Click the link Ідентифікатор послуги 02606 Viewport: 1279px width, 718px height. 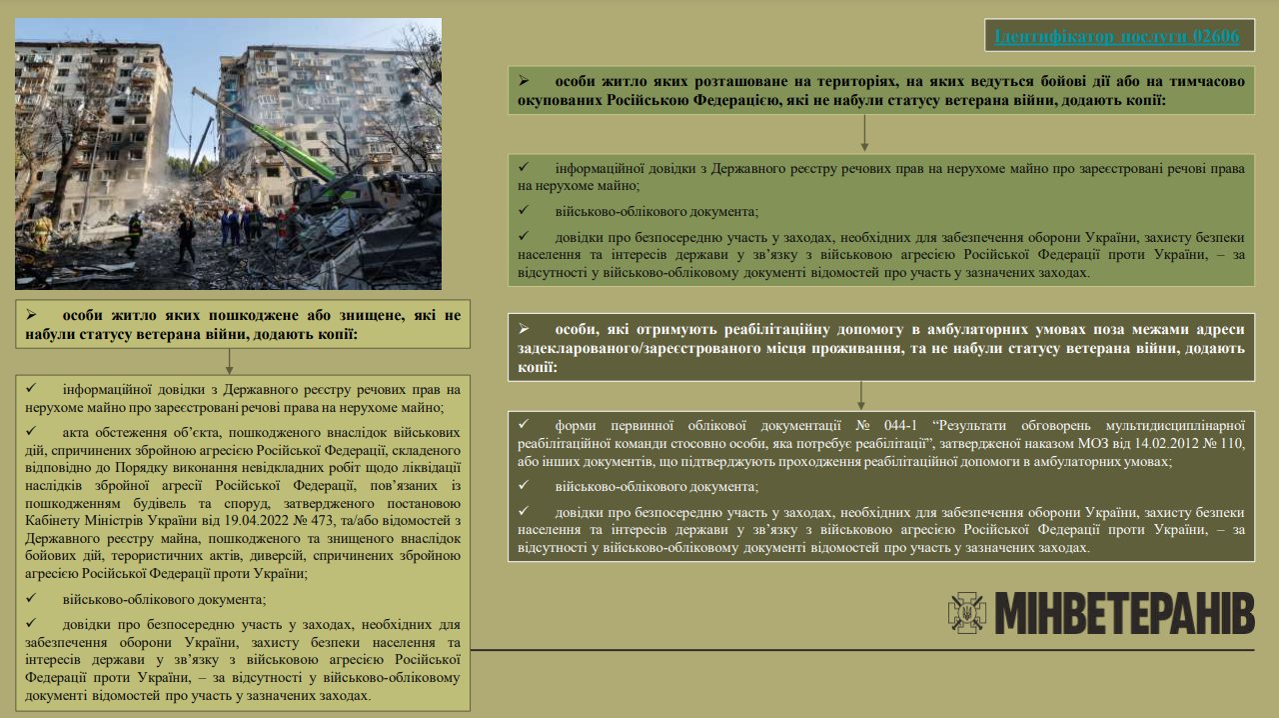(1116, 37)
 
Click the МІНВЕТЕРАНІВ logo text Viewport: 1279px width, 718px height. (1124, 613)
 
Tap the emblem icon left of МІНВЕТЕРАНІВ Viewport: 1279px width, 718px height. (966, 613)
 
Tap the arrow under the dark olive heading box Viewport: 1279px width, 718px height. (861, 394)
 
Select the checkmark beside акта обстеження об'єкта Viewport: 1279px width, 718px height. (32, 432)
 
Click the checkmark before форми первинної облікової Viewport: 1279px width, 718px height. (524, 423)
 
